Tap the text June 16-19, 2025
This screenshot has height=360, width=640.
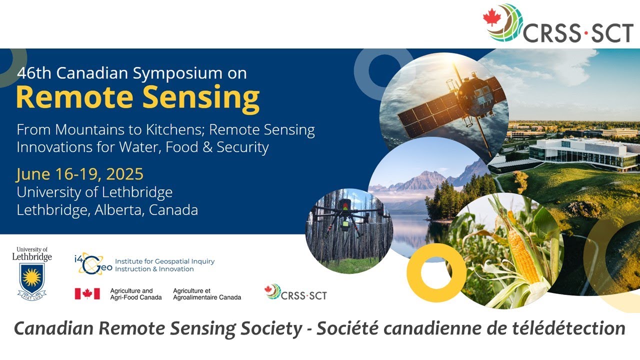click(80, 174)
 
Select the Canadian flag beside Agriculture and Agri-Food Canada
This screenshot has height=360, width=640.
click(87, 294)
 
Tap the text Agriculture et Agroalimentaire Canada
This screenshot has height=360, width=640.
click(206, 294)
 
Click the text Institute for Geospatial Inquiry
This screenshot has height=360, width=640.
click(164, 261)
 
